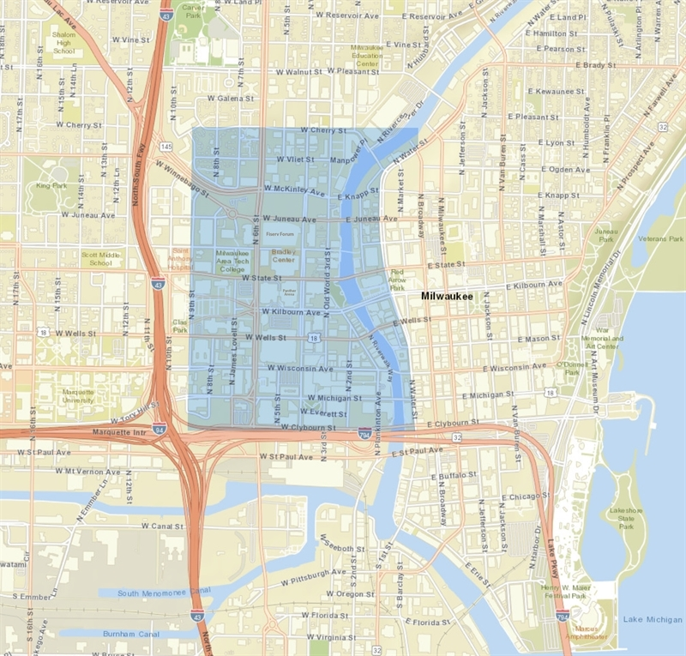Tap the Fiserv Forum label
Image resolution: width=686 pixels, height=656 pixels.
pos(280,233)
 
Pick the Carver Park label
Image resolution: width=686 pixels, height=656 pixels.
pos(192,10)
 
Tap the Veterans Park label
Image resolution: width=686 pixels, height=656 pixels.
pos(665,238)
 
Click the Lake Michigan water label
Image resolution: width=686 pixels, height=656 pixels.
pos(650,619)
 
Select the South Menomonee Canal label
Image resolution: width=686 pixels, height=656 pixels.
pos(164,593)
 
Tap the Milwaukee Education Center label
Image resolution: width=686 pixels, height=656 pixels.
pos(366,57)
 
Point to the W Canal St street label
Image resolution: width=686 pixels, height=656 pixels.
pos(163,526)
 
